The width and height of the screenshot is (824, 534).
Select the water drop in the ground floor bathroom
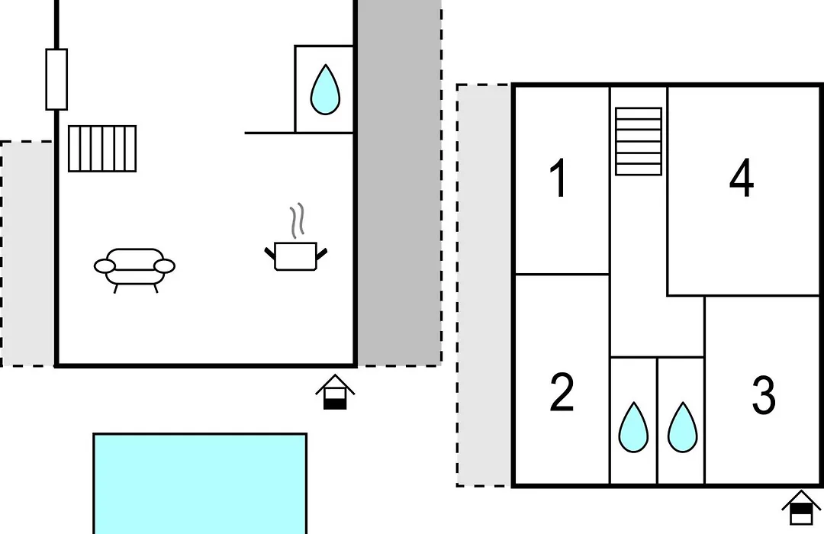coord(325,89)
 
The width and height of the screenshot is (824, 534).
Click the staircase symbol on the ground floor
coord(102,148)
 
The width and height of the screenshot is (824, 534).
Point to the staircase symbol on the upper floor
coord(639,141)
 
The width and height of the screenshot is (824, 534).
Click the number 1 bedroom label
coord(558,179)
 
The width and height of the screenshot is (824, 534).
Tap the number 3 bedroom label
coord(764,394)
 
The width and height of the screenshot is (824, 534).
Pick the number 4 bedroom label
coord(742,178)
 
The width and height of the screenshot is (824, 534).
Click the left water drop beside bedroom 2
coord(633,427)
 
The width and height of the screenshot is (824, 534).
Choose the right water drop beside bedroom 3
coord(682,427)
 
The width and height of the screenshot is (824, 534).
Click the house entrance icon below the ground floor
coord(335,392)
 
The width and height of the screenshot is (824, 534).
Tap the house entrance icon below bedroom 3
coord(801,508)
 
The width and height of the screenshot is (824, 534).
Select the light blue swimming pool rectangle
coord(200,484)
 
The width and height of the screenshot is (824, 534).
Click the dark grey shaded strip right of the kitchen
coord(399,182)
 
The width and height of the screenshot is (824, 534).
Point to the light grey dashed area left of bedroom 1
coord(484,285)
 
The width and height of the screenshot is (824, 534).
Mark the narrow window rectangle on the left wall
coord(56,79)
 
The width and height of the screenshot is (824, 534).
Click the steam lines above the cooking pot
coord(297,221)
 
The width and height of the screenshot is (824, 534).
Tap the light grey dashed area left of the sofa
coord(27,254)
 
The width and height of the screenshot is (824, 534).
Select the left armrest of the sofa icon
coord(105,266)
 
